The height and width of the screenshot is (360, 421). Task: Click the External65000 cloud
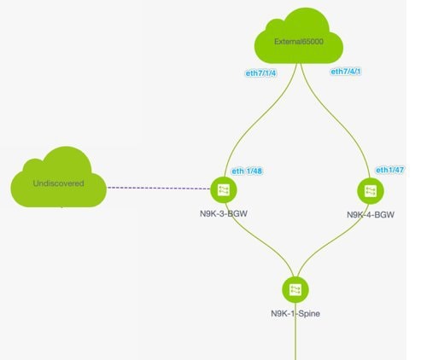click(x=299, y=37)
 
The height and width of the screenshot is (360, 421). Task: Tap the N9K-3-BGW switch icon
click(x=224, y=190)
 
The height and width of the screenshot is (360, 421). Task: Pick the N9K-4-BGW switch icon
click(x=371, y=191)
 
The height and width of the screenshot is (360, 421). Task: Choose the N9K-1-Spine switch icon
click(x=295, y=290)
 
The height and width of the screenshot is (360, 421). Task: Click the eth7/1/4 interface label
click(x=260, y=73)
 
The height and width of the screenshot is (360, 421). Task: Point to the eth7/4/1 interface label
click(x=346, y=72)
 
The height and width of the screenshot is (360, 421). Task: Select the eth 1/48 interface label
click(x=247, y=171)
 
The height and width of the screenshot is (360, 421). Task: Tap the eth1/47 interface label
click(x=390, y=170)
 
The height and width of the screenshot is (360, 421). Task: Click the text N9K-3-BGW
click(x=224, y=213)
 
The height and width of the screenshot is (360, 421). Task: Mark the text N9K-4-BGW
click(x=371, y=215)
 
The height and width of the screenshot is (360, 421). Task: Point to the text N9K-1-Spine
click(x=295, y=314)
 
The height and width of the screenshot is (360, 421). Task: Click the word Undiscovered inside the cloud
click(x=59, y=183)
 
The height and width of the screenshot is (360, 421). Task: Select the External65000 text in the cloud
click(x=299, y=42)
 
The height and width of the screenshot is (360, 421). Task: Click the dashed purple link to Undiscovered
click(x=159, y=188)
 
